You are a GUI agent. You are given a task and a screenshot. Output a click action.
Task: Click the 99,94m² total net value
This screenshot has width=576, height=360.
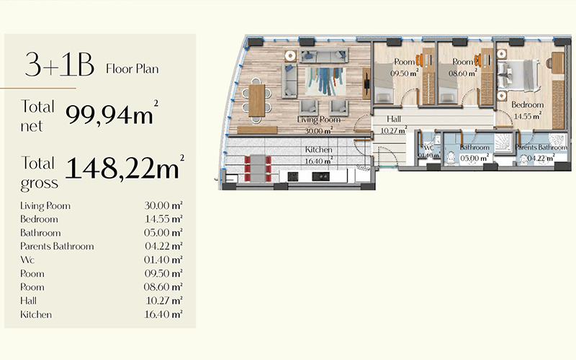(x=112, y=114)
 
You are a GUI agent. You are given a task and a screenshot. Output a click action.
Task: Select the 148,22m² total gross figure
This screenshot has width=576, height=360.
(x=125, y=167)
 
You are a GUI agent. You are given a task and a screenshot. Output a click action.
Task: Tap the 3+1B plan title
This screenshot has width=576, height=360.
(x=60, y=64)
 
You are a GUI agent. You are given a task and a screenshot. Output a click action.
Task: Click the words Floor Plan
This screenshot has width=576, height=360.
(x=132, y=69)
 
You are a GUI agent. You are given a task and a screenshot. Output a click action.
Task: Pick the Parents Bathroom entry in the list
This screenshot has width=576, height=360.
(x=57, y=246)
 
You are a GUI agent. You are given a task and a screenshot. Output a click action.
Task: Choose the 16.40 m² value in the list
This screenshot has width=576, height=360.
(x=163, y=315)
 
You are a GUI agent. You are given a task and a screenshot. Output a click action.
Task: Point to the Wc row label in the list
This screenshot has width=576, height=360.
(x=27, y=260)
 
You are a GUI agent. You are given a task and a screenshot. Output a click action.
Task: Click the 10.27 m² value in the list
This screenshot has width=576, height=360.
(x=164, y=301)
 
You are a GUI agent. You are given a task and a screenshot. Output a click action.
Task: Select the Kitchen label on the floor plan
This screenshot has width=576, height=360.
(x=318, y=150)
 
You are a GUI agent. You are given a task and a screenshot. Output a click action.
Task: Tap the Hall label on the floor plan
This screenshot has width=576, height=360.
(x=393, y=119)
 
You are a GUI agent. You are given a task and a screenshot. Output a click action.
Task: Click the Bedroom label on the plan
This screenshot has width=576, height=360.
(x=527, y=104)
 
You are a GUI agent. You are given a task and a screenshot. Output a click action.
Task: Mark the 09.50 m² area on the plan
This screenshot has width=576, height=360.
(x=404, y=73)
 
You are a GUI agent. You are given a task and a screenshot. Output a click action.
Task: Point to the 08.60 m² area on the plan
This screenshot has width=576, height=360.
(x=462, y=73)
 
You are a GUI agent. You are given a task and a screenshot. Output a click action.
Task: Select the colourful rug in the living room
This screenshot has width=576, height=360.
(x=325, y=81)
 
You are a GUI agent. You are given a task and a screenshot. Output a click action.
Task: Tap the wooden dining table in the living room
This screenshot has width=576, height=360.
(x=256, y=100)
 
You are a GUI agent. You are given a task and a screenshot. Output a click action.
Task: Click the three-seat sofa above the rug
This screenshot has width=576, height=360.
(x=323, y=55)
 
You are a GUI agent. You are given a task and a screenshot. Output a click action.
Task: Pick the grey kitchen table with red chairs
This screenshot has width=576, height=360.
(x=258, y=168)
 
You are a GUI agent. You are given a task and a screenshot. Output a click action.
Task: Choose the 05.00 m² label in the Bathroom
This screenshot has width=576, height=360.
(x=474, y=158)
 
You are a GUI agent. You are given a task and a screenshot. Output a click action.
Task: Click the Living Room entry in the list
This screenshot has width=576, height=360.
(x=45, y=206)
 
